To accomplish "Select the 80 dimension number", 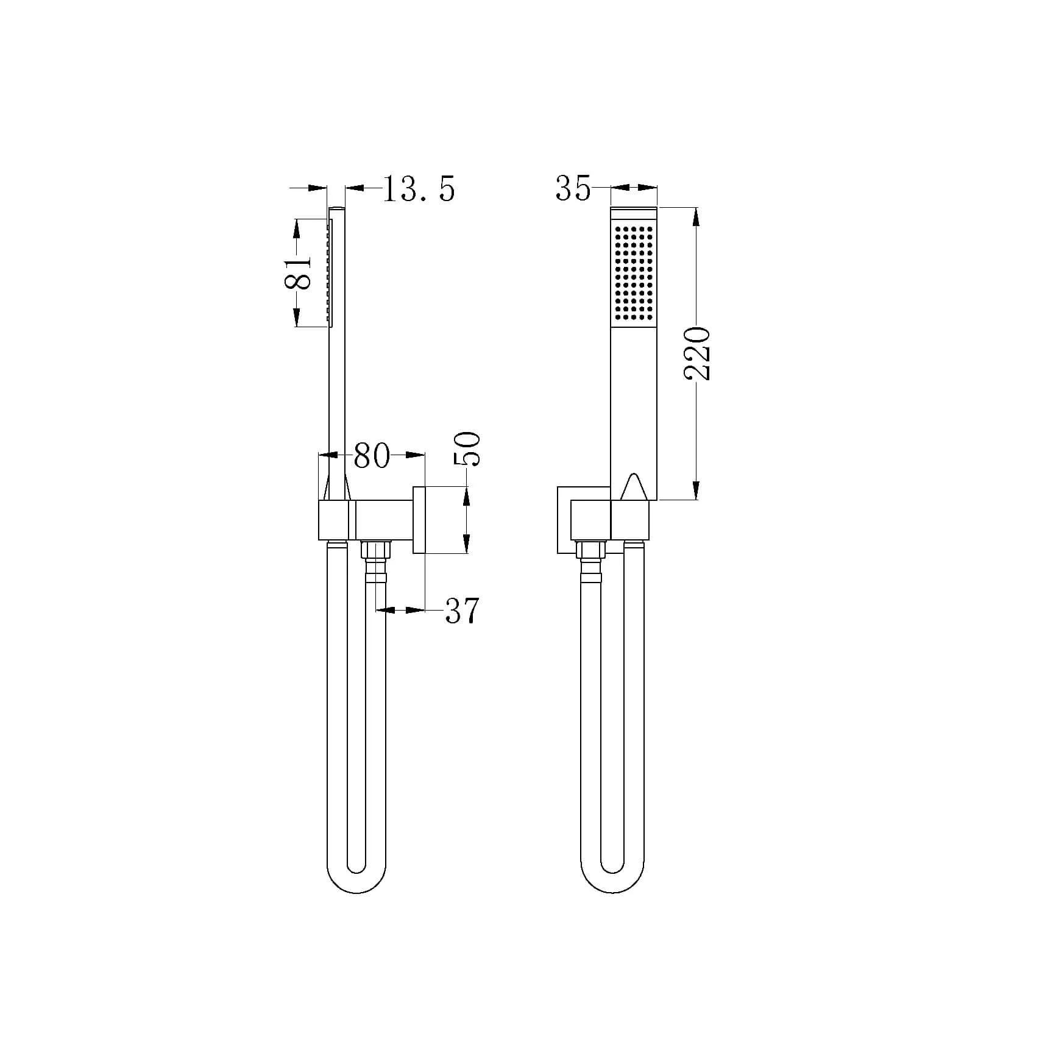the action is coord(372,455).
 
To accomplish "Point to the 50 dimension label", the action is coord(467,449).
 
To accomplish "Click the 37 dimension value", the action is coord(462,611).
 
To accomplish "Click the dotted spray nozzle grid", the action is coord(634,273).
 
